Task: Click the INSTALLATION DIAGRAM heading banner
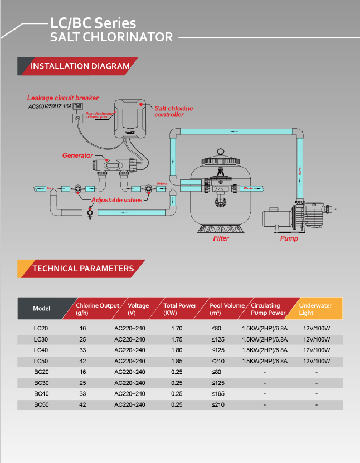pos(80,66)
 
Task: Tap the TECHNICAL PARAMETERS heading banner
pos(83,269)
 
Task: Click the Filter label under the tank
pos(221,238)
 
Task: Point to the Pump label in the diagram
pos(289,238)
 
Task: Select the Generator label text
pos(77,155)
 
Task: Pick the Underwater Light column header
pos(315,309)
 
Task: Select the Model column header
pos(42,309)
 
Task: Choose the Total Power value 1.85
pos(177,361)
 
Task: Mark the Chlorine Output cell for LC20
pos(82,328)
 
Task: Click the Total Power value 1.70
pos(177,328)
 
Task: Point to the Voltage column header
pos(139,309)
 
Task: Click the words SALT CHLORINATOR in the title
pos(111,37)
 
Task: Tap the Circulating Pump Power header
pos(268,309)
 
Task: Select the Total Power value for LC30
pos(177,339)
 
